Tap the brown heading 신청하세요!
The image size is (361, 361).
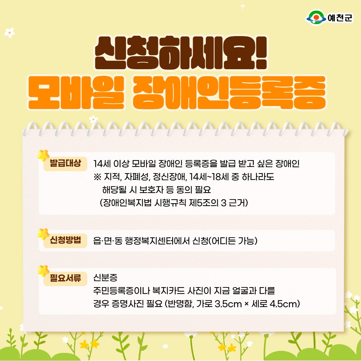[x=181, y=53]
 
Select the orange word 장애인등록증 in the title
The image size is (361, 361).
[x=229, y=93]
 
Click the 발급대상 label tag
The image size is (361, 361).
[x=66, y=163]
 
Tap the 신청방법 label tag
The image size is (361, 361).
[x=66, y=241]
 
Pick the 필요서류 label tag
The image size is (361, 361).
[x=66, y=278]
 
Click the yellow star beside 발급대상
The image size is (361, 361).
[x=43, y=155]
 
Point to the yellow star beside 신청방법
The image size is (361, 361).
[x=43, y=234]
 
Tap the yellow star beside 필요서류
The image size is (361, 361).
[x=43, y=271]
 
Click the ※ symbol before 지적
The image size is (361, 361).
[x=97, y=177]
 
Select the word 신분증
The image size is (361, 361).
[x=105, y=277]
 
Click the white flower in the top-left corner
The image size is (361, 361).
[x=9, y=33]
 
